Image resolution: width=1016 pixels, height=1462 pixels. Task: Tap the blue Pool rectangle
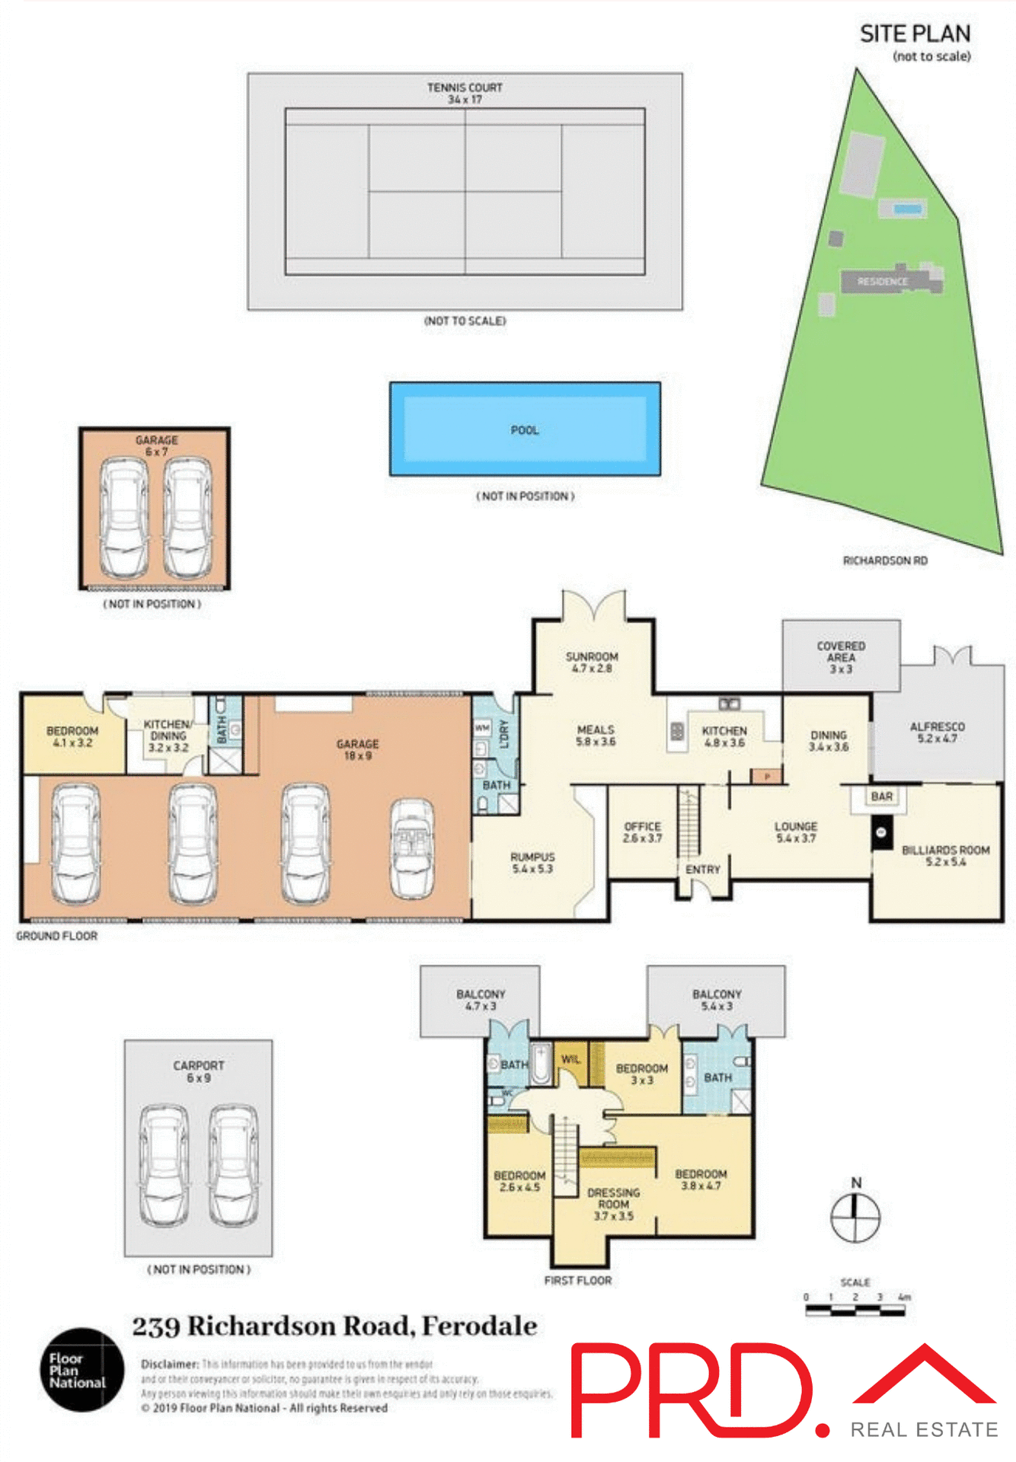coord(525,429)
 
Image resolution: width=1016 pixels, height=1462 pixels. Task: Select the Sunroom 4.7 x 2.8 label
coord(592,662)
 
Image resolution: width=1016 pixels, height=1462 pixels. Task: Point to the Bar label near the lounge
coord(881,796)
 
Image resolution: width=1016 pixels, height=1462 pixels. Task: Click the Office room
coord(642,832)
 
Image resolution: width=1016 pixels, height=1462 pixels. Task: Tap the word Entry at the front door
coord(702,869)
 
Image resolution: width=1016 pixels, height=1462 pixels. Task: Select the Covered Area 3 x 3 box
coord(841,656)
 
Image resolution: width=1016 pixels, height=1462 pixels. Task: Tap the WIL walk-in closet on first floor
coord(570,1060)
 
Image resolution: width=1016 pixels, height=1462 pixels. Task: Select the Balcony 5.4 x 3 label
coord(716,1000)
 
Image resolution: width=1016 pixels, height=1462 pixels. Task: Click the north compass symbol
coord(855,1217)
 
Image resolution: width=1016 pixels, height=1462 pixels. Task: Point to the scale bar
coord(855,1310)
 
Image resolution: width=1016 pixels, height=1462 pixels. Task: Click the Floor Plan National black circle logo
coord(81,1369)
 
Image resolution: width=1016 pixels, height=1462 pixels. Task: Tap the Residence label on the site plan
coord(882,281)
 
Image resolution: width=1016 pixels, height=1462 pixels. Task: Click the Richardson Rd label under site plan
coord(884,560)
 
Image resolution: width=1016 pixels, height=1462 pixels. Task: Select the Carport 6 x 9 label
coord(198,1071)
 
